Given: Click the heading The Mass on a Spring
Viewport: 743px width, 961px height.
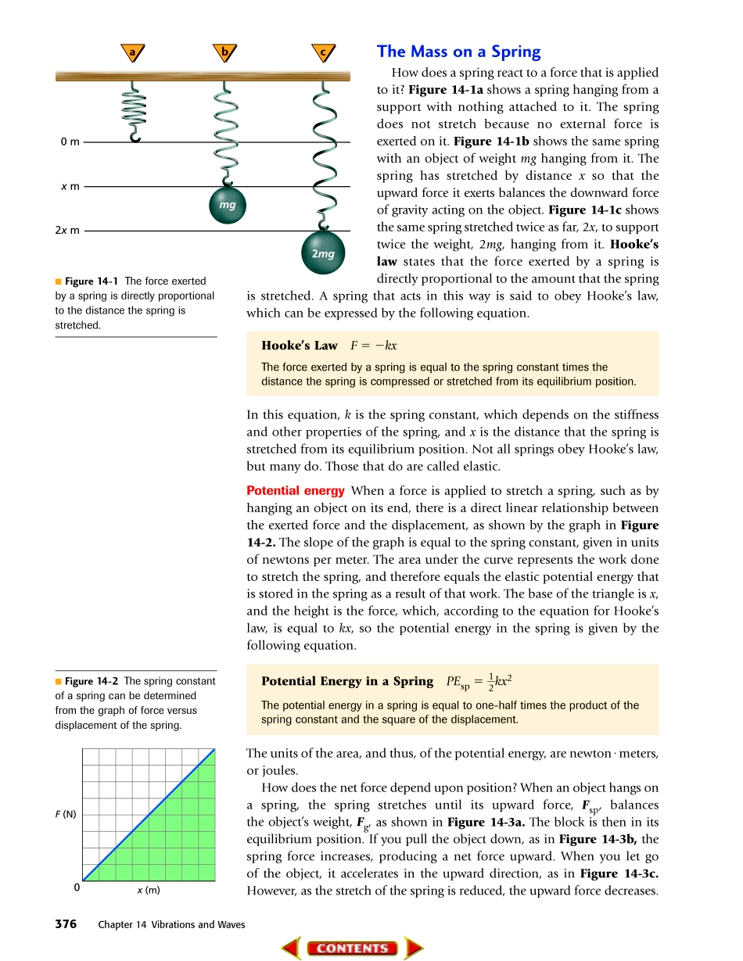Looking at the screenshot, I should click(x=458, y=52).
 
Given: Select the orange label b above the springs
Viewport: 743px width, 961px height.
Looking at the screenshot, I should click(x=225, y=52).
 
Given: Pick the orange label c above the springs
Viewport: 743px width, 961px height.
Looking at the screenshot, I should click(x=321, y=52).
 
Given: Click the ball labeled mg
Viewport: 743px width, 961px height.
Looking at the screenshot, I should click(x=228, y=205).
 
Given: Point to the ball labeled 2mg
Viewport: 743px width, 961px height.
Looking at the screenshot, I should click(x=322, y=253).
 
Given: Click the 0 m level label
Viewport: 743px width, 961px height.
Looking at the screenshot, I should click(x=70, y=142).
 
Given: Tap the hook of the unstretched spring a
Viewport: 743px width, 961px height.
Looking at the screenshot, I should click(x=135, y=138).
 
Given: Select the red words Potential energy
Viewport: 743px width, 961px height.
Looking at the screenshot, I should click(x=295, y=491).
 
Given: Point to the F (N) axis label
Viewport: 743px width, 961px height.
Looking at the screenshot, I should click(x=66, y=814).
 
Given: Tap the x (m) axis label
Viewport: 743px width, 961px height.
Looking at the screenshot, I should click(x=149, y=890).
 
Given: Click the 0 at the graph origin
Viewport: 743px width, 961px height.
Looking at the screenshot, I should click(x=76, y=888).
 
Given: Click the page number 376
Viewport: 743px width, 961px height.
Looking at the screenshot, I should click(x=66, y=924).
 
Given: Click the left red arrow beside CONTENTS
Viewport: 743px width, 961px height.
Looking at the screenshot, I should click(x=291, y=948).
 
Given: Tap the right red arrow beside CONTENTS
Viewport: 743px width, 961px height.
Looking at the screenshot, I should click(x=413, y=948).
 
